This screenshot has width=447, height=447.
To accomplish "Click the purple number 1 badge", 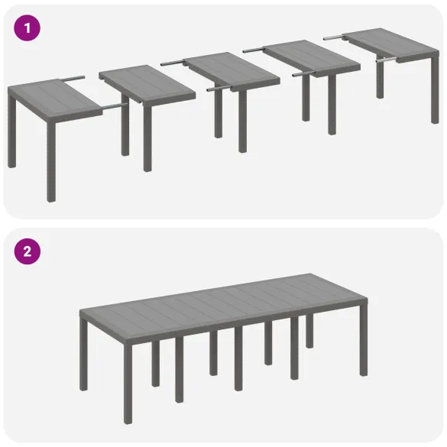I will pos(27,28).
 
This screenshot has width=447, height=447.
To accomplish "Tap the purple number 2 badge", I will pos(27,251).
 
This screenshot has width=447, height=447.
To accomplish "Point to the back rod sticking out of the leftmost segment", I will pos(72,77).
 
